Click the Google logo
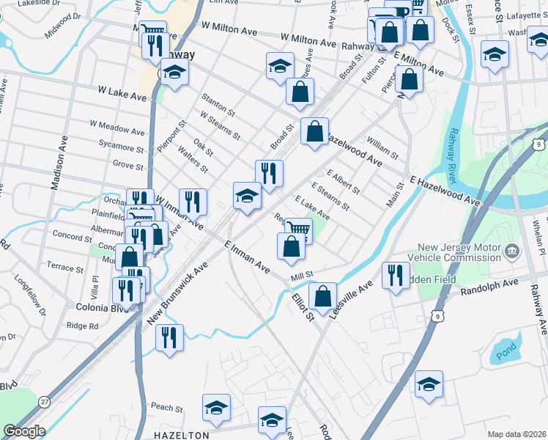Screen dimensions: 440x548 [24, 431]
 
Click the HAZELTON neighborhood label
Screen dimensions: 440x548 [182, 435]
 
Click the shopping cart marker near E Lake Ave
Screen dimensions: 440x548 [298, 229]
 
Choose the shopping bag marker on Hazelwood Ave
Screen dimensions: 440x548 [314, 131]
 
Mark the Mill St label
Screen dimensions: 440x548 [302, 274]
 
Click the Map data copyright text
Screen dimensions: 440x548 [517, 434]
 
